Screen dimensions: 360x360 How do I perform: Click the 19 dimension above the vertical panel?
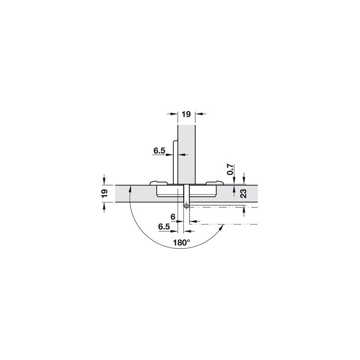[x=186, y=115]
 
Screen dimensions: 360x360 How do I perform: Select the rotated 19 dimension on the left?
[x=104, y=193]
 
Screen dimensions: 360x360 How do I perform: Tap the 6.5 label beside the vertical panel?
[x=159, y=151]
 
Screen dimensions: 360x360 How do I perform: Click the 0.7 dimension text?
[x=230, y=169]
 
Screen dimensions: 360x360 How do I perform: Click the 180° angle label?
[x=181, y=243]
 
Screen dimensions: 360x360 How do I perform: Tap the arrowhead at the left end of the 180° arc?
[x=130, y=189]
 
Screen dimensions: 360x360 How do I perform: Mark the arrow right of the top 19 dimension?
[x=200, y=114]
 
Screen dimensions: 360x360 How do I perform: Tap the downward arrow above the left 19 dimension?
[x=104, y=180]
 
